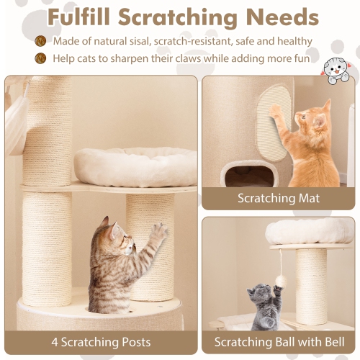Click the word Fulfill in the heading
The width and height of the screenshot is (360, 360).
pyautogui.click(x=81, y=16)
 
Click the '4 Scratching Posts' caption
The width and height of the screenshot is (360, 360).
pyautogui.click(x=100, y=341)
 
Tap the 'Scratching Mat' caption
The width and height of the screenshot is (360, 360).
pyautogui.click(x=278, y=197)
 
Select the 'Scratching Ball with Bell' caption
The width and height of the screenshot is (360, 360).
pyautogui.click(x=279, y=341)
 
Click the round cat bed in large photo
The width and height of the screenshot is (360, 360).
pyautogui.click(x=135, y=165)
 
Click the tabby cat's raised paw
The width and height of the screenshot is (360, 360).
pyautogui.click(x=159, y=230)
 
